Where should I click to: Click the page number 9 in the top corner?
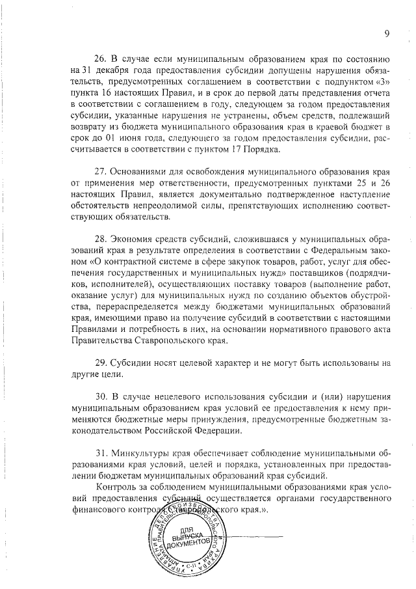click(387, 34)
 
